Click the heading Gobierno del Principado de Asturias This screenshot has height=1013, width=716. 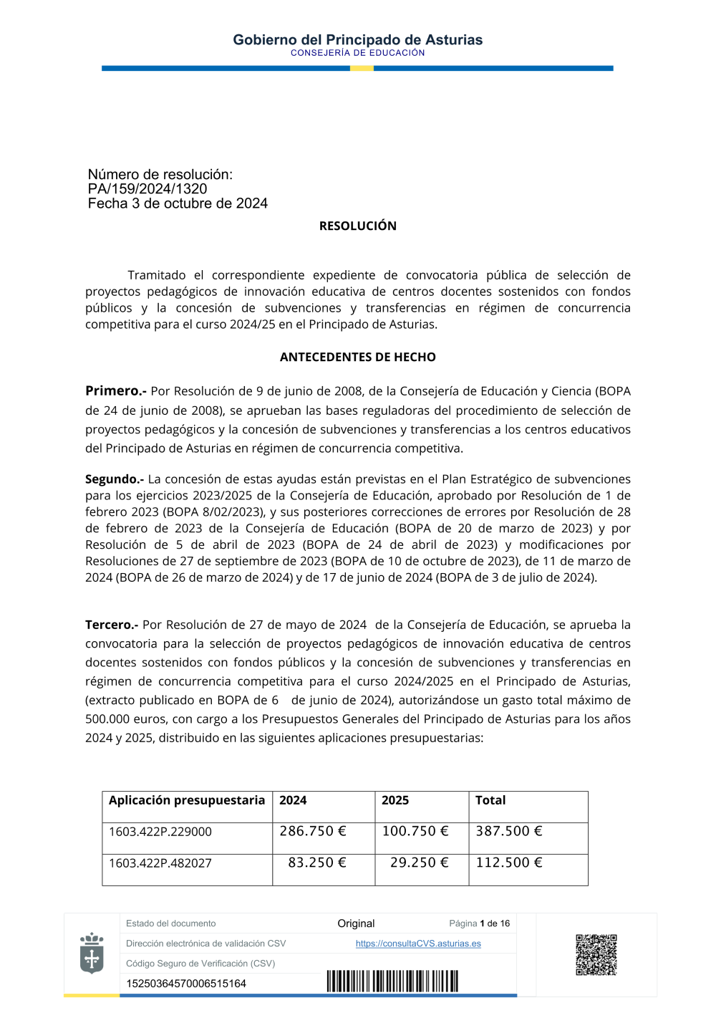[x=357, y=40]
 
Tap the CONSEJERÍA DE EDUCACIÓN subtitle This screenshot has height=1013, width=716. [x=357, y=53]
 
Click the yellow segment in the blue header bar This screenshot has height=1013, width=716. [x=362, y=68]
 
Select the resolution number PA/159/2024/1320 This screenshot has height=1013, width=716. [x=147, y=189]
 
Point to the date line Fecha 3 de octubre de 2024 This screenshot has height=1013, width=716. [x=178, y=203]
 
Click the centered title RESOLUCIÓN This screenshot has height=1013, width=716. [x=357, y=226]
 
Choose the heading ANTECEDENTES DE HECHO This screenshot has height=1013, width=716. [x=357, y=357]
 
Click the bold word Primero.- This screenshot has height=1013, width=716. [x=115, y=390]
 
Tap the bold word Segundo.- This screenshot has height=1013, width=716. [x=114, y=479]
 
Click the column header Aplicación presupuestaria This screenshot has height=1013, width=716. [x=186, y=800]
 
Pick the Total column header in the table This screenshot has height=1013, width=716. [x=490, y=800]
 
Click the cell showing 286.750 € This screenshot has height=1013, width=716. [x=313, y=831]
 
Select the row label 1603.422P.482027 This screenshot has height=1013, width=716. [x=160, y=863]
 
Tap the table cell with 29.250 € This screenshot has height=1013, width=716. [x=419, y=863]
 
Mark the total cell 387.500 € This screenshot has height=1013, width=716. [x=509, y=831]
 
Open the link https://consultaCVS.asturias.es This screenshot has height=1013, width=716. [x=418, y=944]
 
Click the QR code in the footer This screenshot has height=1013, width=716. [x=596, y=954]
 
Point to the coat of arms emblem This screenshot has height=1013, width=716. [x=92, y=953]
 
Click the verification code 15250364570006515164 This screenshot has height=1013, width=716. [x=186, y=984]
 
